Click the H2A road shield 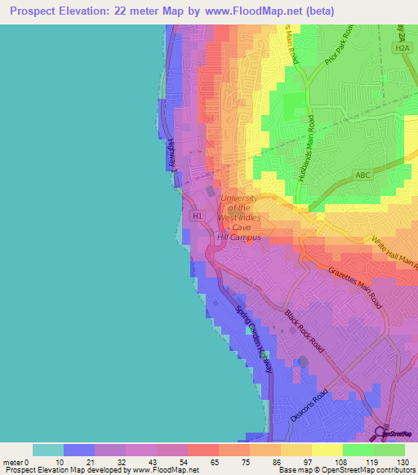tap(402, 49)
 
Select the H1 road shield tap(196, 215)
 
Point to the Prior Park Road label tap(337, 55)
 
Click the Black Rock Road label tap(304, 331)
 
